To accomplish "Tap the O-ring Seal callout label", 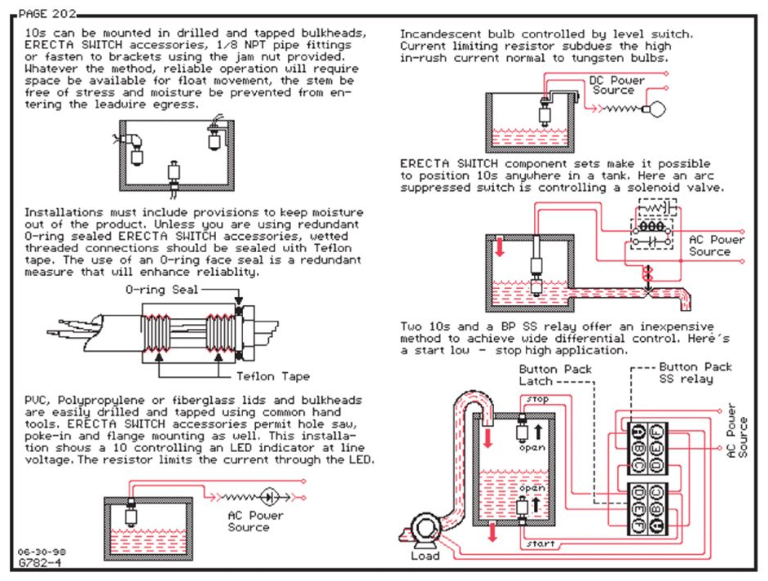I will tap(159, 290).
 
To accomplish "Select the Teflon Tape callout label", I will tap(273, 377).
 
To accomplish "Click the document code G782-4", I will tap(39, 563).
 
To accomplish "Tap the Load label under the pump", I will tap(425, 556).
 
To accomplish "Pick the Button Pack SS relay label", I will tap(695, 373).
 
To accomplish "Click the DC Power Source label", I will tap(616, 85).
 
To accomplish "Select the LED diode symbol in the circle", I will tap(271, 495).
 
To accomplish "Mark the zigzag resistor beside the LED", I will tap(239, 495).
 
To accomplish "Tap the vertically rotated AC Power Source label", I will tap(735, 432).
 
